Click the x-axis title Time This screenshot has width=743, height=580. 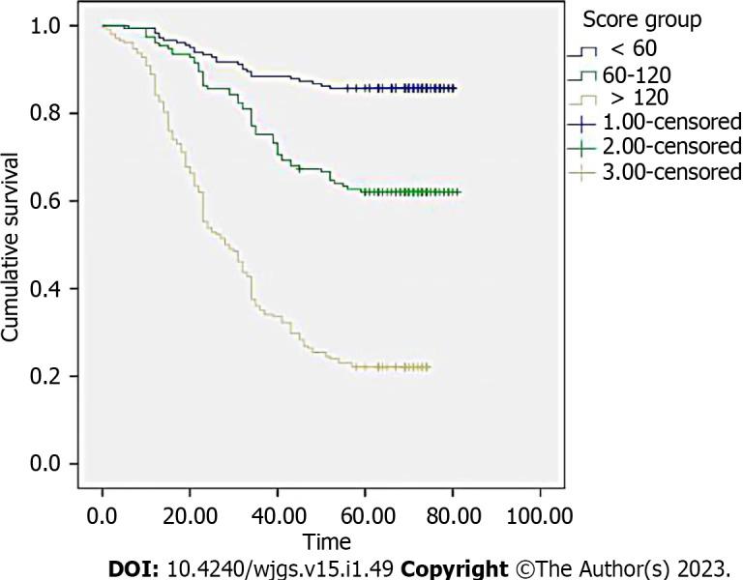tap(326, 541)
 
